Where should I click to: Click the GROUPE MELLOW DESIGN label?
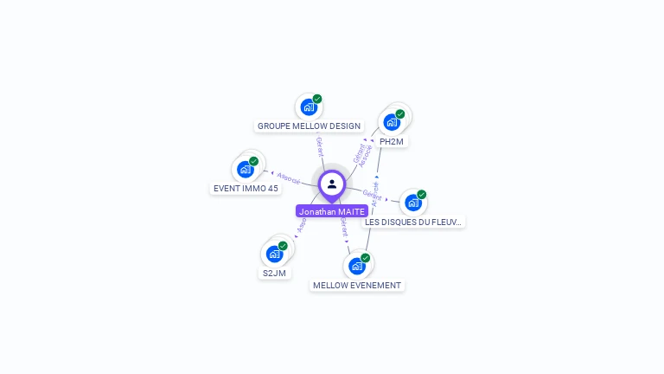pyautogui.click(x=309, y=126)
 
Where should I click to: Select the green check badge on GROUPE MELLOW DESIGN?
pyautogui.click(x=317, y=100)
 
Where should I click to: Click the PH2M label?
pyautogui.click(x=392, y=141)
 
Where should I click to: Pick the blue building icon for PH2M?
pyautogui.click(x=391, y=122)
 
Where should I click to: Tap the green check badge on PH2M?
pyautogui.click(x=400, y=114)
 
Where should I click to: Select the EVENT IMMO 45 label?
pyautogui.click(x=246, y=188)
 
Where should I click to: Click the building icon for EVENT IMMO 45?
pyautogui.click(x=245, y=170)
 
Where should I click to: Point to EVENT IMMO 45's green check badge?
pyautogui.click(x=254, y=161)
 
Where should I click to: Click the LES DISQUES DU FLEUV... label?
pyautogui.click(x=413, y=222)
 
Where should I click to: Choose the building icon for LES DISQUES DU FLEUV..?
pyautogui.click(x=412, y=203)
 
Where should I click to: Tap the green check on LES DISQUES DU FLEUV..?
pyautogui.click(x=422, y=195)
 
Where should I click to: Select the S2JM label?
pyautogui.click(x=274, y=273)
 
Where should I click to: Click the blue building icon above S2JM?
pyautogui.click(x=274, y=254)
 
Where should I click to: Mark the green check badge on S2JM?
pyautogui.click(x=283, y=246)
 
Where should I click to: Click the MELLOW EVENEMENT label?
pyautogui.click(x=357, y=285)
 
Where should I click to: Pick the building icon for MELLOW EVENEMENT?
pyautogui.click(x=356, y=266)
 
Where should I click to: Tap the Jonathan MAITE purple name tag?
pyautogui.click(x=332, y=211)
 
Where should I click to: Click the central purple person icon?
pyautogui.click(x=332, y=184)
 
